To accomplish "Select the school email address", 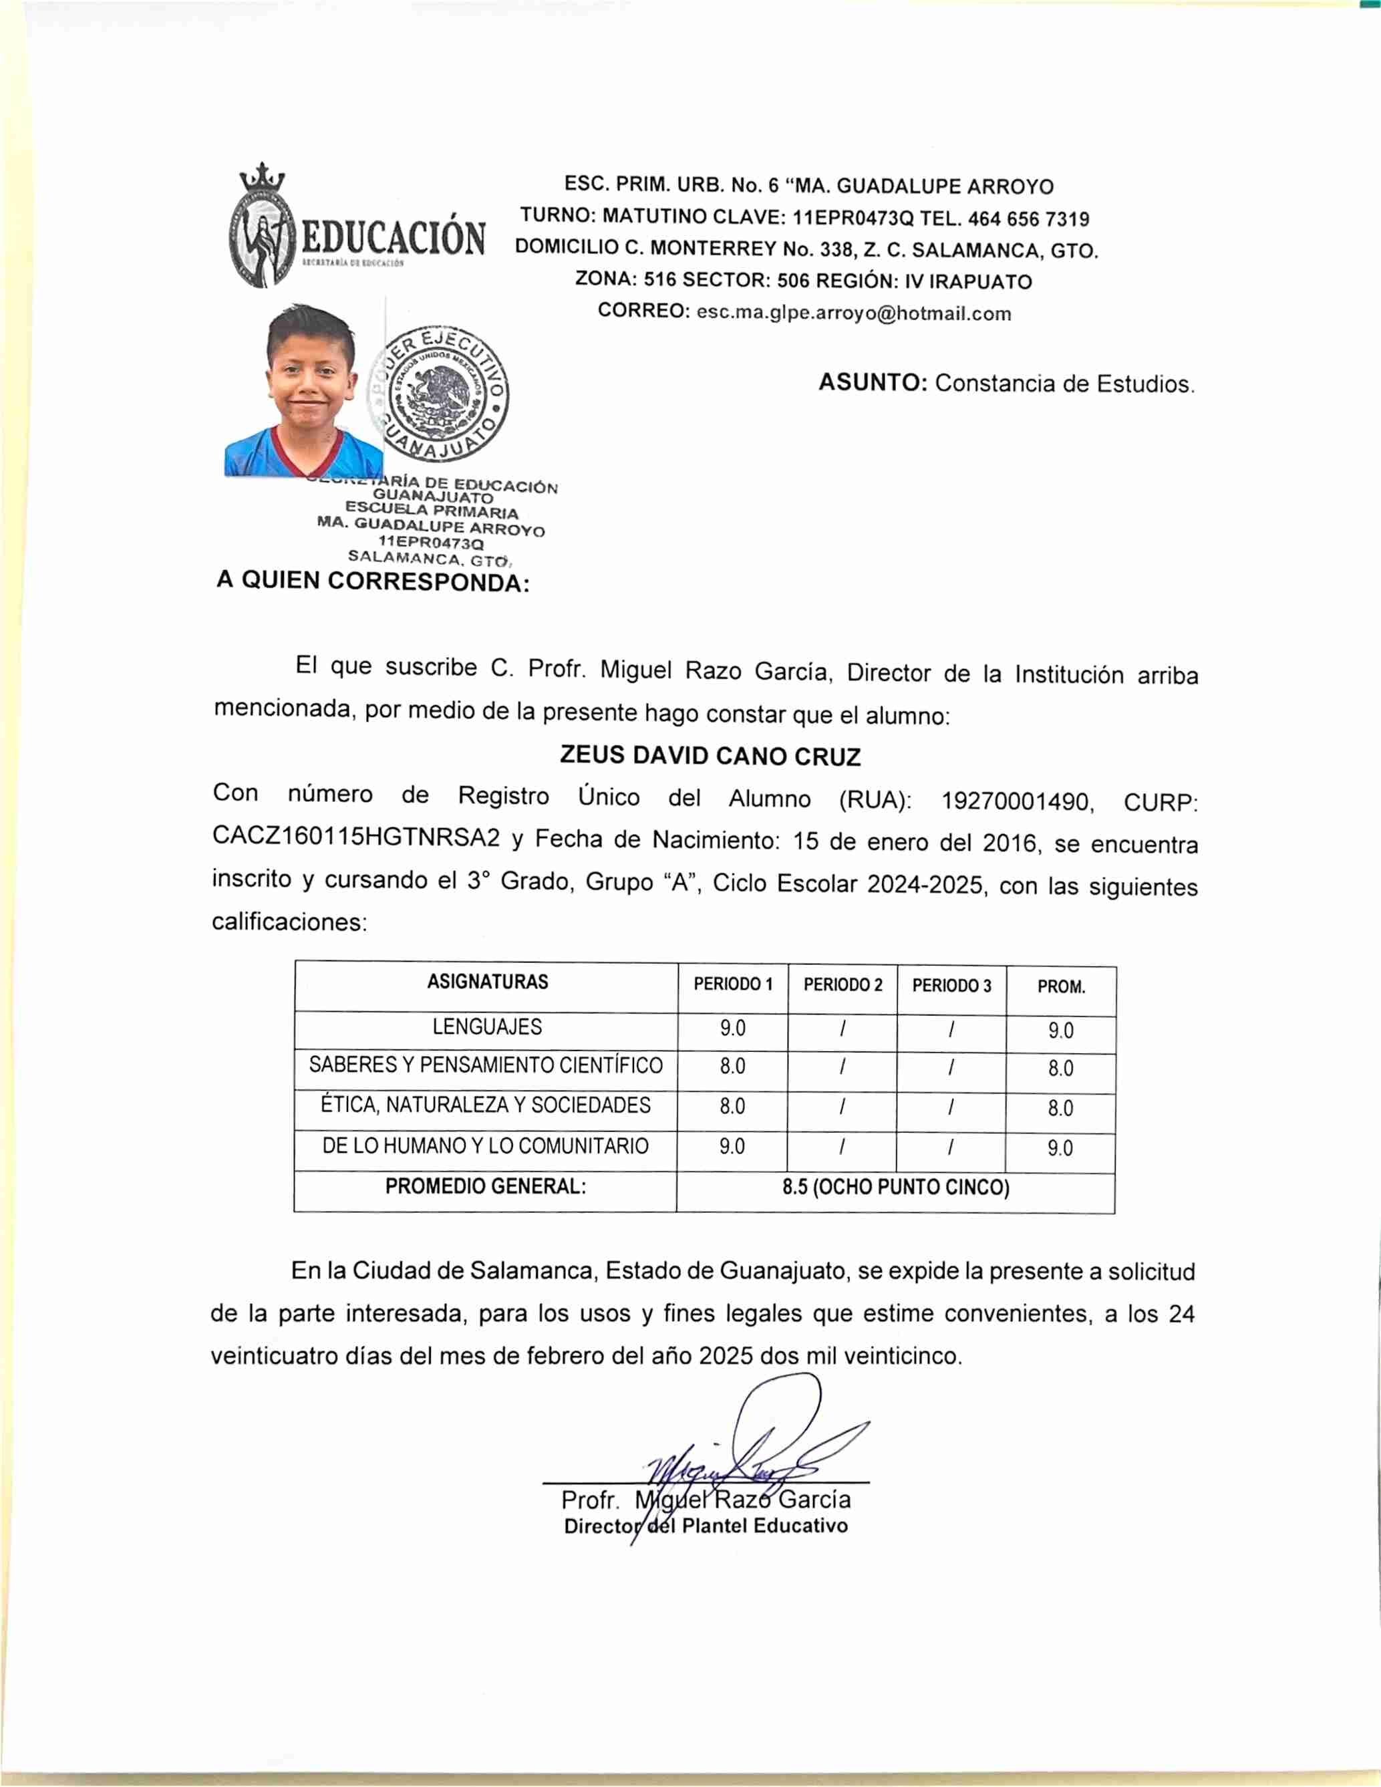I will coord(853,313).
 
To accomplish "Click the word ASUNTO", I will coord(872,383).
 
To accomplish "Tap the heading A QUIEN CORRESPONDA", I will coord(373,582).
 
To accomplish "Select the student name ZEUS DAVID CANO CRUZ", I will coord(710,755).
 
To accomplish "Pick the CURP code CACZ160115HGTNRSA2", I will coord(356,837).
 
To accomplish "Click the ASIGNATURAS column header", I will coord(488,982).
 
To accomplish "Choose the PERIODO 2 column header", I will coord(842,985).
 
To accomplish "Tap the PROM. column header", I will coord(1061,988).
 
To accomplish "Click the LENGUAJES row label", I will coord(487,1027).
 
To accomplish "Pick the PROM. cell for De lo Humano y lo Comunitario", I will coord(1060,1149).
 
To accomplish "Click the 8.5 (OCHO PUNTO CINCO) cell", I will coord(896,1188).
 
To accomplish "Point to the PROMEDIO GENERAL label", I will coord(485,1186).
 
